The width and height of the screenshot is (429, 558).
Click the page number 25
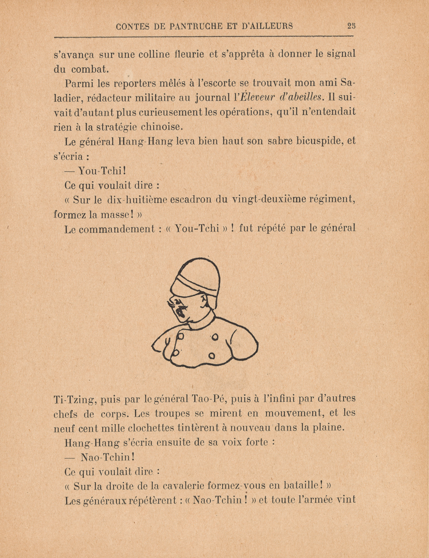coord(351,26)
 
